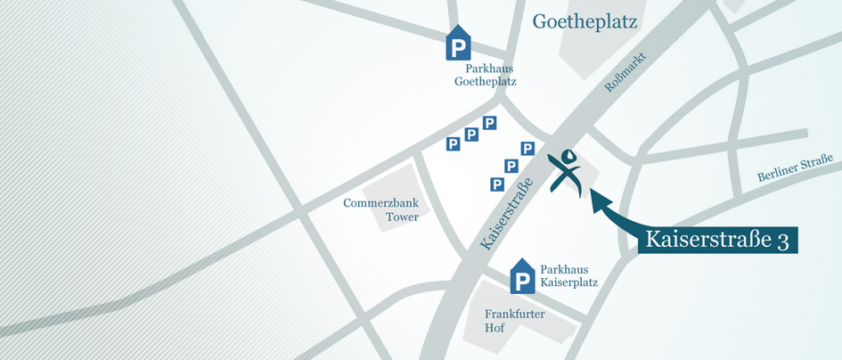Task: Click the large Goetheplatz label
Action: click(584, 21)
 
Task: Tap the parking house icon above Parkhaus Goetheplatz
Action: click(458, 44)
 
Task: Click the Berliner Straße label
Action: click(794, 168)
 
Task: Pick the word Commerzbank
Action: click(380, 203)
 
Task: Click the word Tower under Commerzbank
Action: click(402, 217)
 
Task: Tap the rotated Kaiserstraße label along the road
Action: click(505, 214)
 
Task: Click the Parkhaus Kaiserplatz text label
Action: click(568, 275)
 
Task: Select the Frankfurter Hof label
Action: click(514, 321)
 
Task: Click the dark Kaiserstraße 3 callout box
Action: click(716, 240)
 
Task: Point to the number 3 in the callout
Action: click(782, 241)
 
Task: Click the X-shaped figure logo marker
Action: click(566, 171)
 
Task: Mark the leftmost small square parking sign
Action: click(453, 143)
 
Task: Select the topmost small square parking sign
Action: click(489, 123)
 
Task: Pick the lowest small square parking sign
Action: click(497, 184)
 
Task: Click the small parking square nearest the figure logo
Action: click(527, 149)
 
